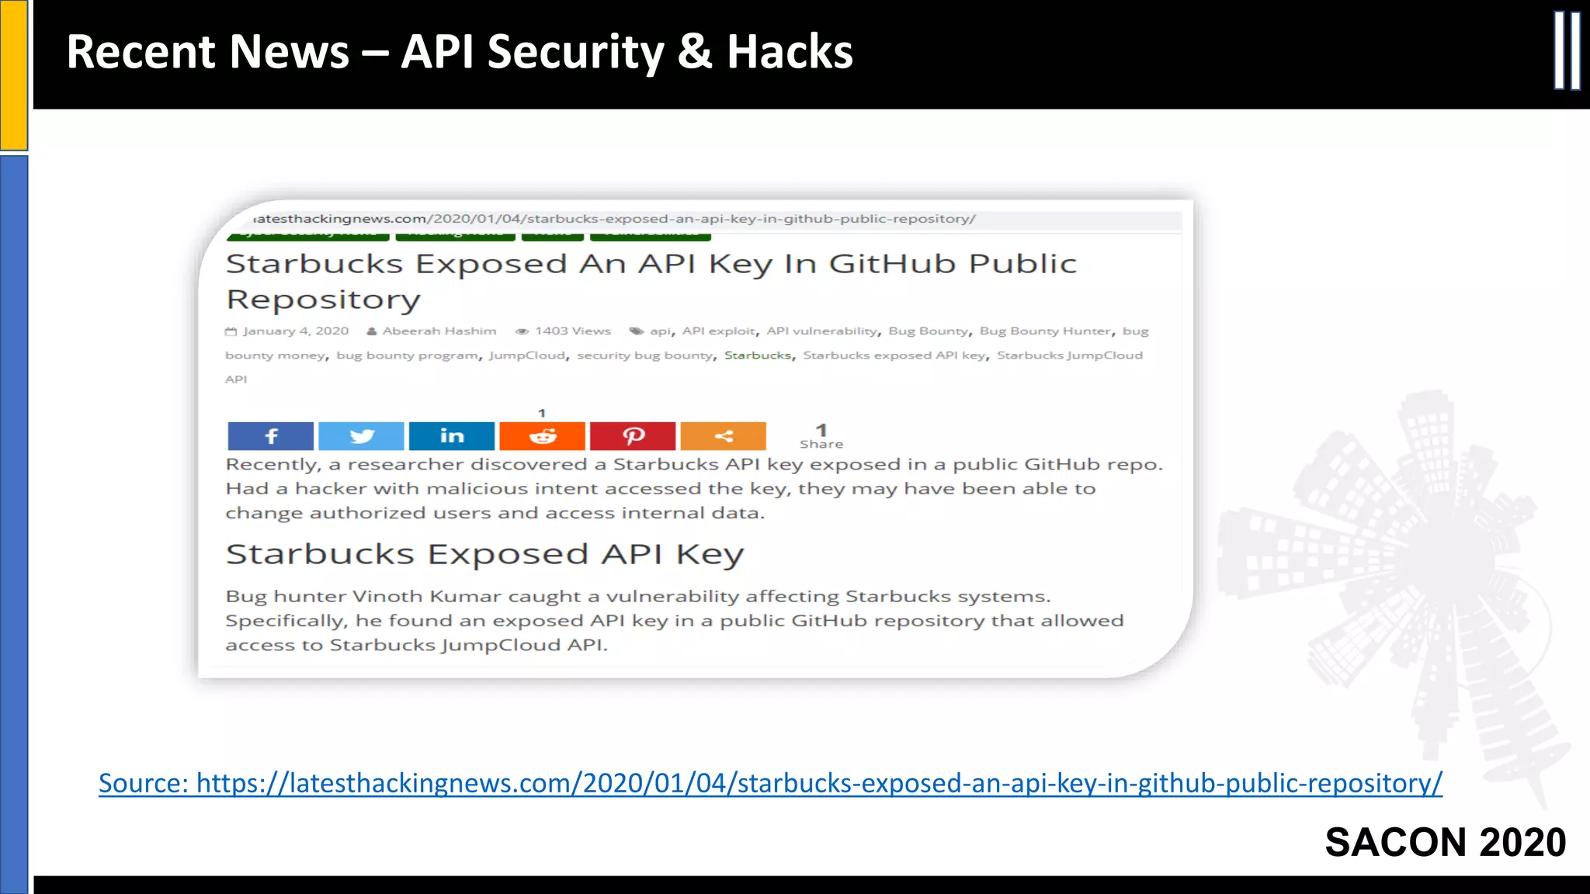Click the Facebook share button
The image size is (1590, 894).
270,436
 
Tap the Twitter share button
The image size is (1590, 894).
361,436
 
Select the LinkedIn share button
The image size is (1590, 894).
452,436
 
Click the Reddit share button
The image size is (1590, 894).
542,436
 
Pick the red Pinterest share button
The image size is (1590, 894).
633,436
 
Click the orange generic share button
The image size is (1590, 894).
723,436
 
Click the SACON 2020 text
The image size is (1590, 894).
1445,843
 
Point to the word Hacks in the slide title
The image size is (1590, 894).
790,52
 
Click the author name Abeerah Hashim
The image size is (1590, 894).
439,331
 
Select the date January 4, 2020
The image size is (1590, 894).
295,331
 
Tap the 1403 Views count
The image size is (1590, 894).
572,331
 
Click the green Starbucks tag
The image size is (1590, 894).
758,355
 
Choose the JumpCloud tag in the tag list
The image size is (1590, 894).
527,355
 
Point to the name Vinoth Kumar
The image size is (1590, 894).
402,596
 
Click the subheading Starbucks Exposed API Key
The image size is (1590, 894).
484,554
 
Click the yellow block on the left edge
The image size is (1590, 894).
14,74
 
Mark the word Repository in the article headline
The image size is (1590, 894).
323,300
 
